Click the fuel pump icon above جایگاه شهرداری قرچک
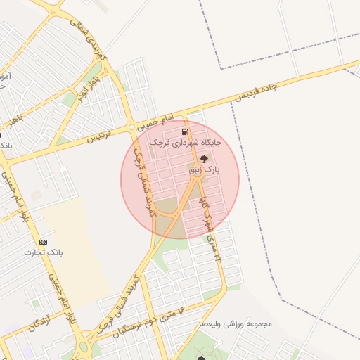185,131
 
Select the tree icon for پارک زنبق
204,159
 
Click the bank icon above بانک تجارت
44,241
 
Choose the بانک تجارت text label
44,252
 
